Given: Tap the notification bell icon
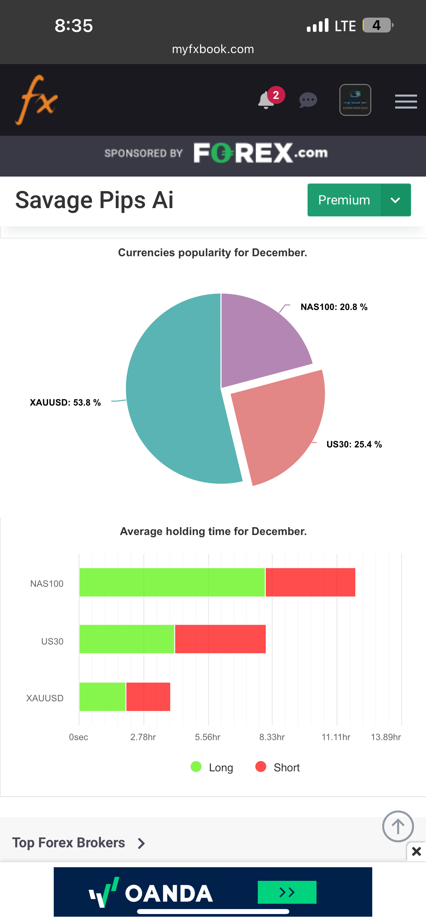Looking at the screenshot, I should [266, 100].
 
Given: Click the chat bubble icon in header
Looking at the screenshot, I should [308, 100].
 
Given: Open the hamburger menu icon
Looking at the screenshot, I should [406, 101].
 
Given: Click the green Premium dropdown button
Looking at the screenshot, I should [359, 200].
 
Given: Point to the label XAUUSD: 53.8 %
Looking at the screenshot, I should [65, 403].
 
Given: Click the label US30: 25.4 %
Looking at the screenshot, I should [354, 444].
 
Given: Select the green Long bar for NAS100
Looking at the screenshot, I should [172, 582].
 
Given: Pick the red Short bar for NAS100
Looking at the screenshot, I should [310, 582].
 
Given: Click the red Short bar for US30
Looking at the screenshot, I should [220, 639].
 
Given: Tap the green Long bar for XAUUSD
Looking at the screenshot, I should [102, 697].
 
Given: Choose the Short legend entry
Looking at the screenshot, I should [278, 767].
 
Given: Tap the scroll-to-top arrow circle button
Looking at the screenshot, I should [398, 826].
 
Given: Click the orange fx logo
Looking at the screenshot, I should [36, 100].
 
